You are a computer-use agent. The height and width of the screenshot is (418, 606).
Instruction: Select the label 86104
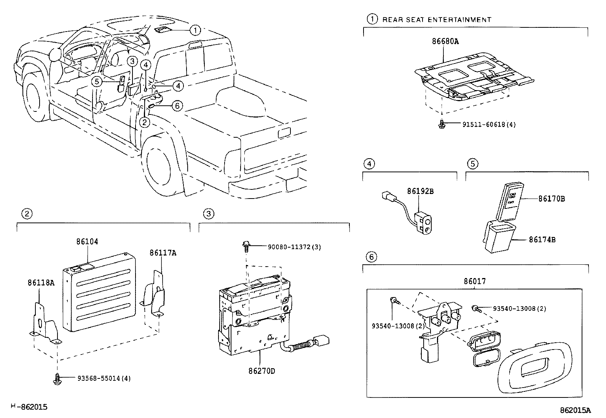pos(87,242)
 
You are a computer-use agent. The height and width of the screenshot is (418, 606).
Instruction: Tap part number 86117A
pos(163,253)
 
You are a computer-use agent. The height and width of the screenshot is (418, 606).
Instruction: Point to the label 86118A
pos(41,283)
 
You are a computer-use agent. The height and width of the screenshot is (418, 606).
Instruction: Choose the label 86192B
pos(420,191)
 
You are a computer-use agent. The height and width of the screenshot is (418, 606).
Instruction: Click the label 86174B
pos(542,240)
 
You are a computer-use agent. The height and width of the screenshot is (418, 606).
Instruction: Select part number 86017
pos(474,281)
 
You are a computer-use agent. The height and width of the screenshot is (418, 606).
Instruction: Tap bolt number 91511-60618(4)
pos(489,124)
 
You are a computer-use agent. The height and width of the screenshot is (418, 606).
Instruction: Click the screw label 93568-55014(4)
pos(104,378)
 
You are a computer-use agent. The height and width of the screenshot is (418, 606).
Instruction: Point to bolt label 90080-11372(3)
pos(294,247)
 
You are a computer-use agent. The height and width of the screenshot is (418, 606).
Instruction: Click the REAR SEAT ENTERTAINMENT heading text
pos(437,20)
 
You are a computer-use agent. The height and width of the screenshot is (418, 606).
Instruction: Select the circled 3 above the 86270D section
pos(208,214)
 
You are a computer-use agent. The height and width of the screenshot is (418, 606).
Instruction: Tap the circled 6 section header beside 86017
pos(372,257)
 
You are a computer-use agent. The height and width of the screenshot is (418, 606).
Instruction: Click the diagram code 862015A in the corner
pos(575,410)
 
